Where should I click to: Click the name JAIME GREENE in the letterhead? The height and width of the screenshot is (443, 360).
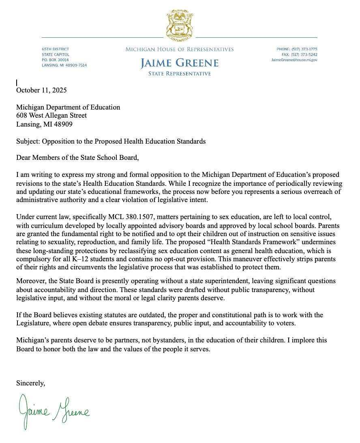[180, 63]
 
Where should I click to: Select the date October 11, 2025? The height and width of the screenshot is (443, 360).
[41, 90]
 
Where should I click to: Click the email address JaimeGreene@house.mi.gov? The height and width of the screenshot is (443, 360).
[294, 60]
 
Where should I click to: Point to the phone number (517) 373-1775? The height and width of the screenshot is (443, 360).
[304, 49]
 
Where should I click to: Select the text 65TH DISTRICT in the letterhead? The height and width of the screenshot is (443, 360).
[56, 49]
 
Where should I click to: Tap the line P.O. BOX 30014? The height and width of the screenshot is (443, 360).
[55, 60]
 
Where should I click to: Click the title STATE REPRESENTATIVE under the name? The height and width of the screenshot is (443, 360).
[180, 74]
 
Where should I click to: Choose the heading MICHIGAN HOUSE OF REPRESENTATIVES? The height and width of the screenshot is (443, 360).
[180, 49]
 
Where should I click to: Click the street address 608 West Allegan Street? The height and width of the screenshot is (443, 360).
[51, 116]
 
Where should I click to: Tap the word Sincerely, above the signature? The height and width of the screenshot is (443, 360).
[30, 383]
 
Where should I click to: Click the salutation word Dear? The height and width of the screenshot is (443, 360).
[24, 158]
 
